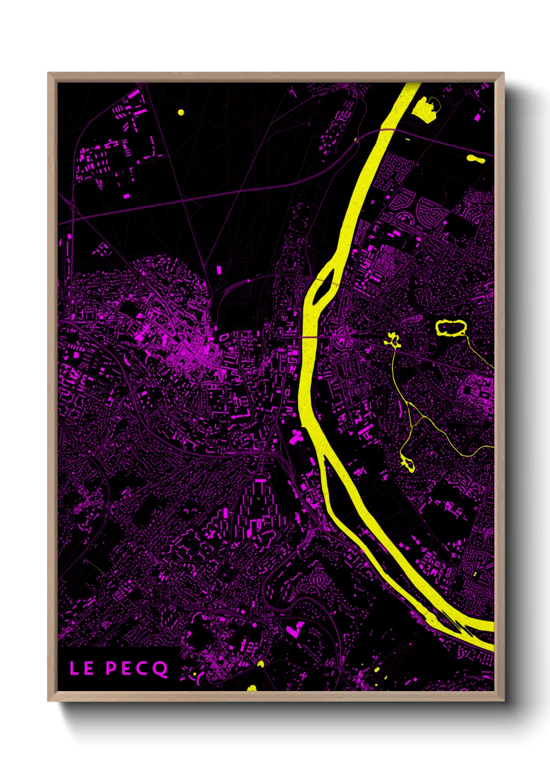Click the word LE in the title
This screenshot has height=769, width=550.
[82, 668]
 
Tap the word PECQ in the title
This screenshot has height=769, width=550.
[137, 668]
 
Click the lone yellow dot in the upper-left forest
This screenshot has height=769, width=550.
[181, 112]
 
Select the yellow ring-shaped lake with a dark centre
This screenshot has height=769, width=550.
[451, 328]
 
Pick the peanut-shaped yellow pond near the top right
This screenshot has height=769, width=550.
[476, 159]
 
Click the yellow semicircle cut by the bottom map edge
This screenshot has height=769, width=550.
[252, 688]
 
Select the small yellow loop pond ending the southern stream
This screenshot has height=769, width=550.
[407, 464]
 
